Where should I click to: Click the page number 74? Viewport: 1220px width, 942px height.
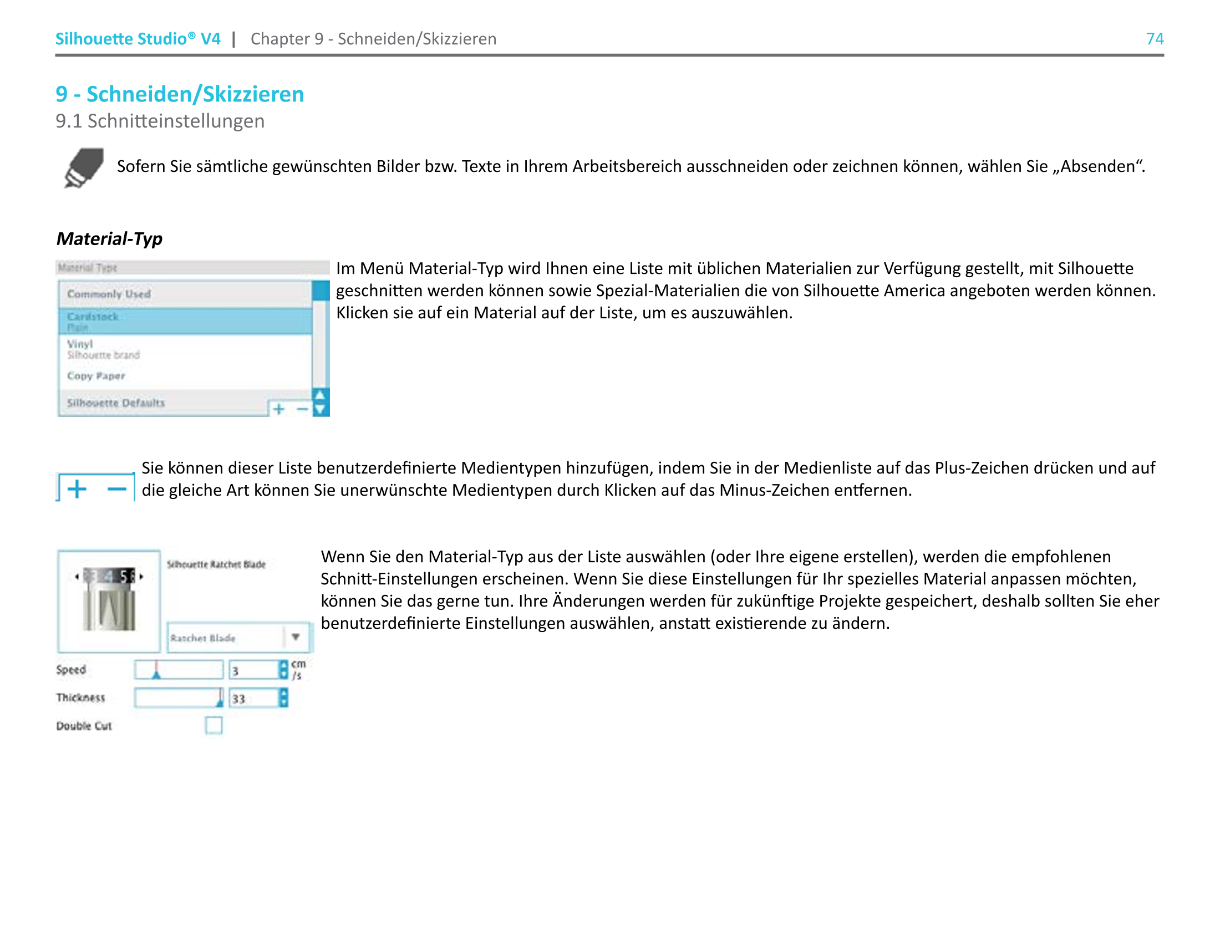click(x=1154, y=38)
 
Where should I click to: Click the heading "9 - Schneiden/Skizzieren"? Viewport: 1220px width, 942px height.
click(x=179, y=94)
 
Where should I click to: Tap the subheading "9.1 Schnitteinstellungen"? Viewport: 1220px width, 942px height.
click(x=160, y=121)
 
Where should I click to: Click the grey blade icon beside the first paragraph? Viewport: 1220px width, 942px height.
click(x=84, y=167)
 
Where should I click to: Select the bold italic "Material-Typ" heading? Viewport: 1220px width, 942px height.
click(x=109, y=239)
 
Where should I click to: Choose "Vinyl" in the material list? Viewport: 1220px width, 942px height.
click(x=80, y=344)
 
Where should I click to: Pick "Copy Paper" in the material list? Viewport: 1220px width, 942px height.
click(x=96, y=376)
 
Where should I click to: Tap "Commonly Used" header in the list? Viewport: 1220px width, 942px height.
click(x=109, y=294)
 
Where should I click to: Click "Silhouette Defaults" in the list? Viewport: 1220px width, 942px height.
click(x=116, y=403)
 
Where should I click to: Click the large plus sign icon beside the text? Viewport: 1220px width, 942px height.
click(x=77, y=489)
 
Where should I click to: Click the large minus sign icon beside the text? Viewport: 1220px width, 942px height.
click(x=117, y=489)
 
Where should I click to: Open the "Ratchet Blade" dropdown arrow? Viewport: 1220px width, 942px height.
click(x=296, y=637)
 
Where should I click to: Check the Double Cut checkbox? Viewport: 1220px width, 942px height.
click(x=213, y=725)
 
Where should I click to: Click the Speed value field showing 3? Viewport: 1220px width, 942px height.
click(x=253, y=670)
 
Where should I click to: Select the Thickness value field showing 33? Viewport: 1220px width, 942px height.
click(x=253, y=699)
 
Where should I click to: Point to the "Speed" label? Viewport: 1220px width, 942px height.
click(x=71, y=670)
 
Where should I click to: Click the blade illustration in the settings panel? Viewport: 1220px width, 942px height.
click(x=109, y=601)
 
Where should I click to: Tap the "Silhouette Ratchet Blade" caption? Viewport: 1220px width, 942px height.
click(x=216, y=564)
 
